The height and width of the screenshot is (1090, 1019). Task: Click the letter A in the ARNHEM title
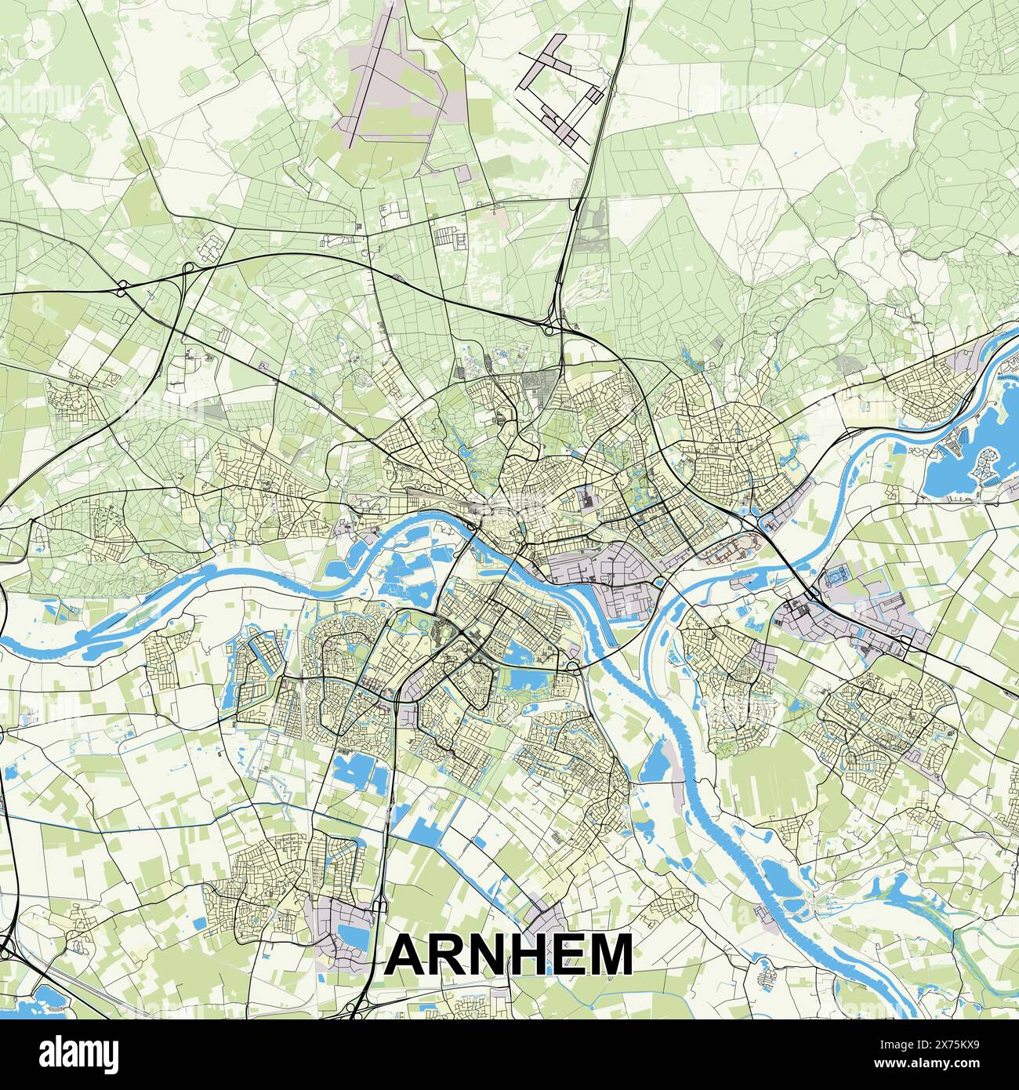click(x=406, y=954)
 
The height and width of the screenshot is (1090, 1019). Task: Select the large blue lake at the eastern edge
click(x=952, y=467)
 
